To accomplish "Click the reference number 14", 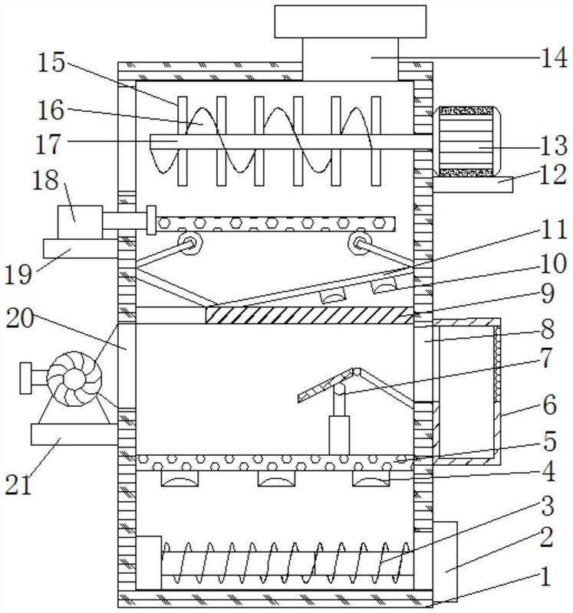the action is [x=553, y=58].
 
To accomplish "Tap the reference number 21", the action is [x=18, y=485].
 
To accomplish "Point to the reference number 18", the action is [x=45, y=180].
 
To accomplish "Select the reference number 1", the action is [x=545, y=576].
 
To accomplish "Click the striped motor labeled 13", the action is [x=466, y=141].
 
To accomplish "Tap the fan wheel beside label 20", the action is [x=74, y=379].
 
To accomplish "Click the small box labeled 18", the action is [x=80, y=222].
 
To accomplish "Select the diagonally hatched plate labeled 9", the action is [x=309, y=315].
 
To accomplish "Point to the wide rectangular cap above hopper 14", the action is [x=351, y=21].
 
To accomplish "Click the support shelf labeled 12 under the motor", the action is [x=473, y=185].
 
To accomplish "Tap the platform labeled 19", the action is [x=81, y=248].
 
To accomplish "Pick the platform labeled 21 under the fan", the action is [x=74, y=434].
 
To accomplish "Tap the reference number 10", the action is [x=553, y=264].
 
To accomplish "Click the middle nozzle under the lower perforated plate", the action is [x=276, y=478].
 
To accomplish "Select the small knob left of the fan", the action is [x=25, y=378].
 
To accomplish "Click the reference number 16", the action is [x=51, y=110].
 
